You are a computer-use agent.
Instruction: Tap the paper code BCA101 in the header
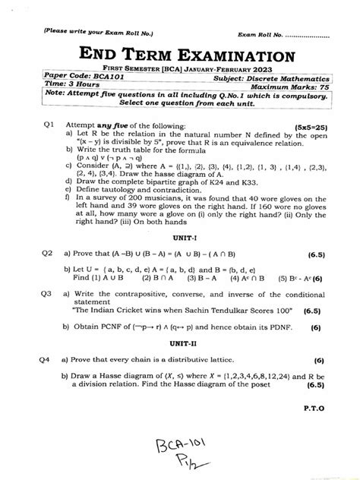tap(87, 78)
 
